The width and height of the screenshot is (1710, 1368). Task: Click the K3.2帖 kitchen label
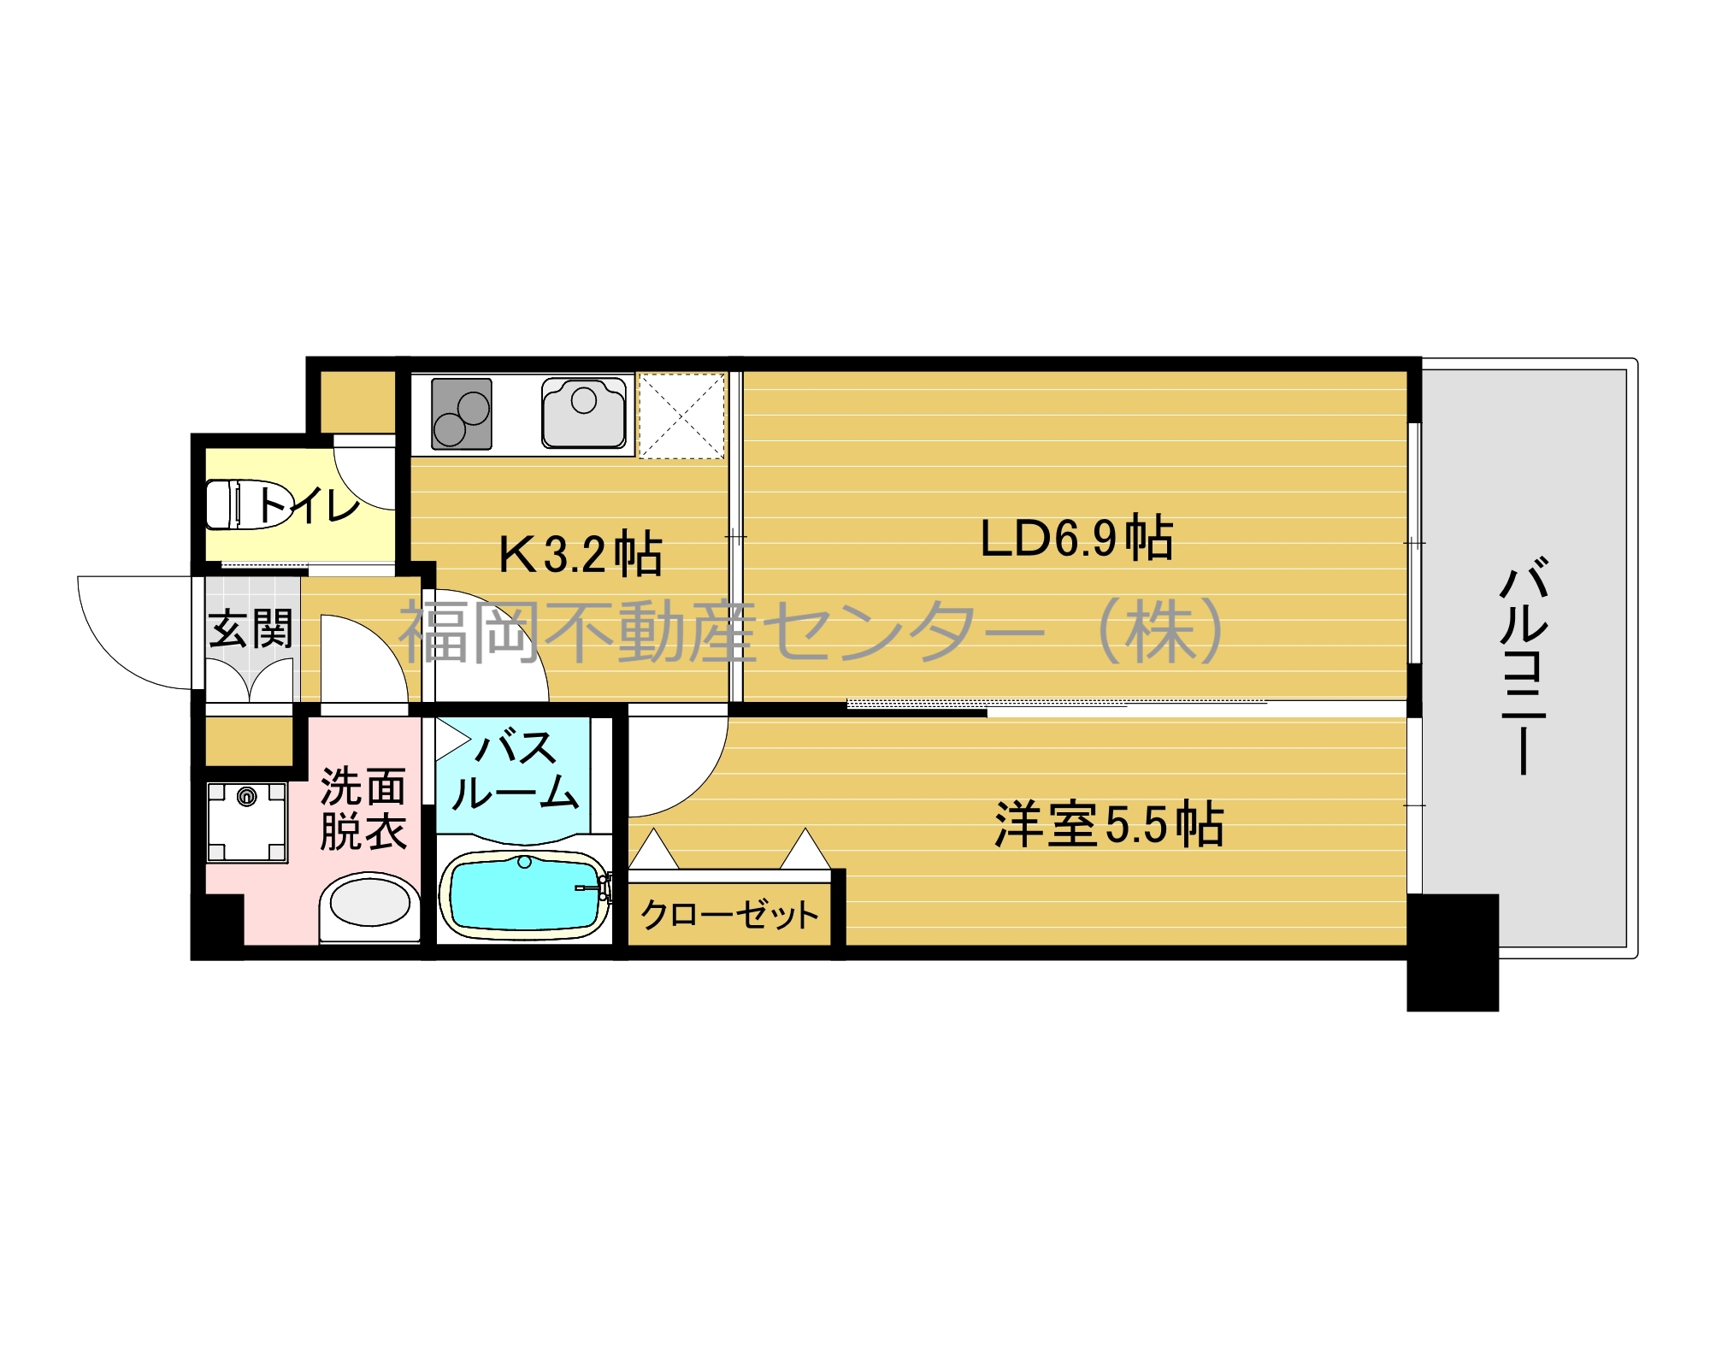pos(581,553)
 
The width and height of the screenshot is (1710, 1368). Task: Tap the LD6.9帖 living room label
pos(1076,538)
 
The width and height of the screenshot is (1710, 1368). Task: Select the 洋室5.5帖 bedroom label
pos(1109,824)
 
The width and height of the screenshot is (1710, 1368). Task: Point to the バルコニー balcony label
pos(1524,666)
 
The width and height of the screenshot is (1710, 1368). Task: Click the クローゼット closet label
pos(729,914)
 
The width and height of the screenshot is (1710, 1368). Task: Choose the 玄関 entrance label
pos(251,629)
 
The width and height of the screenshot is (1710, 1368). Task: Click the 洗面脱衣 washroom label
pos(363,809)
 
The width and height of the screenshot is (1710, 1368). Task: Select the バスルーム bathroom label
pos(515,772)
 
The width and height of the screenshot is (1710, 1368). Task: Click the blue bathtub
pos(524,895)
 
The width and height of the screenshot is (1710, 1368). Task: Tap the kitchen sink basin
pos(584,413)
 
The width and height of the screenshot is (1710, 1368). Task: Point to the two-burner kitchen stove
pos(462,414)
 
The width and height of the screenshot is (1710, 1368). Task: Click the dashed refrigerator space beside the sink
pos(681,416)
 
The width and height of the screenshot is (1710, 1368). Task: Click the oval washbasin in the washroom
pos(370,904)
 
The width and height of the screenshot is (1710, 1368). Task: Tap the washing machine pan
pos(247,822)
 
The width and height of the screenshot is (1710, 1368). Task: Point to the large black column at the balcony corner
pos(1453,952)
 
